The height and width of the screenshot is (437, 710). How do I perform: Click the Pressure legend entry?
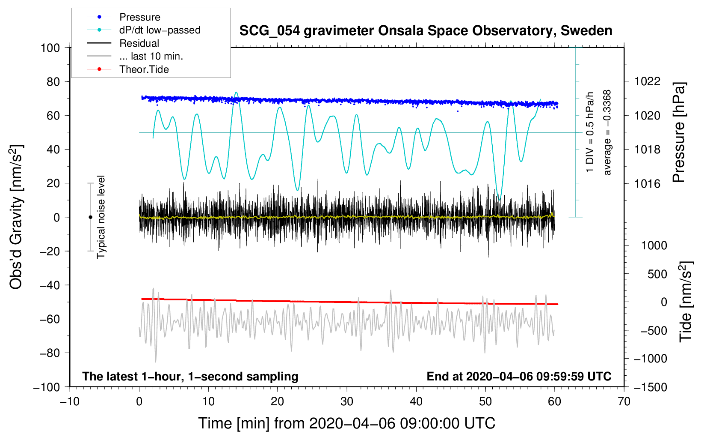124,17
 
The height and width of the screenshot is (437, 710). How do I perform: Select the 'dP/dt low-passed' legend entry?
144,30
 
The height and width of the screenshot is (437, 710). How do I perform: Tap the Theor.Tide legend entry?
128,69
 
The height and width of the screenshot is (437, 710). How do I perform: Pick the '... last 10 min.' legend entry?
135,56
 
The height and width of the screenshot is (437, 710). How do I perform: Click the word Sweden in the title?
586,30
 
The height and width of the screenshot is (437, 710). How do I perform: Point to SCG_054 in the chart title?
269,31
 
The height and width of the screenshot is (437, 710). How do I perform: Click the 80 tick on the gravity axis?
53,82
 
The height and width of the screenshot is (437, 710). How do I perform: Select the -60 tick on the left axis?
50,319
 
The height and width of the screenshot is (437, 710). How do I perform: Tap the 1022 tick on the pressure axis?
647,81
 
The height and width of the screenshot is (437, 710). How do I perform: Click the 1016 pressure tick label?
647,183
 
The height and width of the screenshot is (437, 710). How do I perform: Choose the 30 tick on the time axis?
347,402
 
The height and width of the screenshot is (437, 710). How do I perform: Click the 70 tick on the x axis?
624,402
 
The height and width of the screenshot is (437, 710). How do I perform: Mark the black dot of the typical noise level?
90,217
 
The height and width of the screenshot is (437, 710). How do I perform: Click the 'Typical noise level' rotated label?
101,217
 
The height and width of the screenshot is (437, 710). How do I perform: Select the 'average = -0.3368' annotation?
607,132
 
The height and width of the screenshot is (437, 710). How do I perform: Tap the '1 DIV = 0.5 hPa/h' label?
589,132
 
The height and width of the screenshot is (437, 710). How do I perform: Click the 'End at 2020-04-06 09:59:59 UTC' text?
519,376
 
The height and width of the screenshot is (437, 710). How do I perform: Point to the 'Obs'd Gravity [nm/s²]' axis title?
16,217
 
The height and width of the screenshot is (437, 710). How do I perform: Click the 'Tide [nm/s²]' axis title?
686,302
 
